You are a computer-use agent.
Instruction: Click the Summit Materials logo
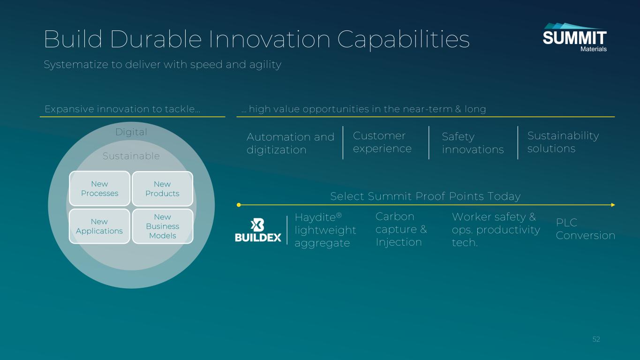coord(574,37)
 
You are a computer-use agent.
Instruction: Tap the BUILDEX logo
coord(258,230)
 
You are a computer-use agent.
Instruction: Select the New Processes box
coord(99,188)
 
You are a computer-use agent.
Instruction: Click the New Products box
coord(162,188)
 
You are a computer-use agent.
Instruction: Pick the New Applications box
coord(99,226)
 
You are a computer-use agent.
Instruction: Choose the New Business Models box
coord(163,226)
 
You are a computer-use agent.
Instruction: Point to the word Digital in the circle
coord(131,132)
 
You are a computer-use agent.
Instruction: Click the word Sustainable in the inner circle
coord(131,156)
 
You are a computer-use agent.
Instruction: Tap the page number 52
coord(596,339)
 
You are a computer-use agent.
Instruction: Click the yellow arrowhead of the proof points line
coord(613,205)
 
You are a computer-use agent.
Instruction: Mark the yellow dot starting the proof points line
coord(239,205)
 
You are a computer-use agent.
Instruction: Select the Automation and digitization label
coord(290,143)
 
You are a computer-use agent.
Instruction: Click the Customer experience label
coord(382,142)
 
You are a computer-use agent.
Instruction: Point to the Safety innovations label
coord(473,143)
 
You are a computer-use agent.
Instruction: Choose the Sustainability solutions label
coord(563,142)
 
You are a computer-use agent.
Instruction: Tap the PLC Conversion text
coord(585,229)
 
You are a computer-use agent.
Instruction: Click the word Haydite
coord(315,217)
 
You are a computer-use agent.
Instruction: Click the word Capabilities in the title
coord(403,39)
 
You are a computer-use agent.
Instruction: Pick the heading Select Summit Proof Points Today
coord(425,196)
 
